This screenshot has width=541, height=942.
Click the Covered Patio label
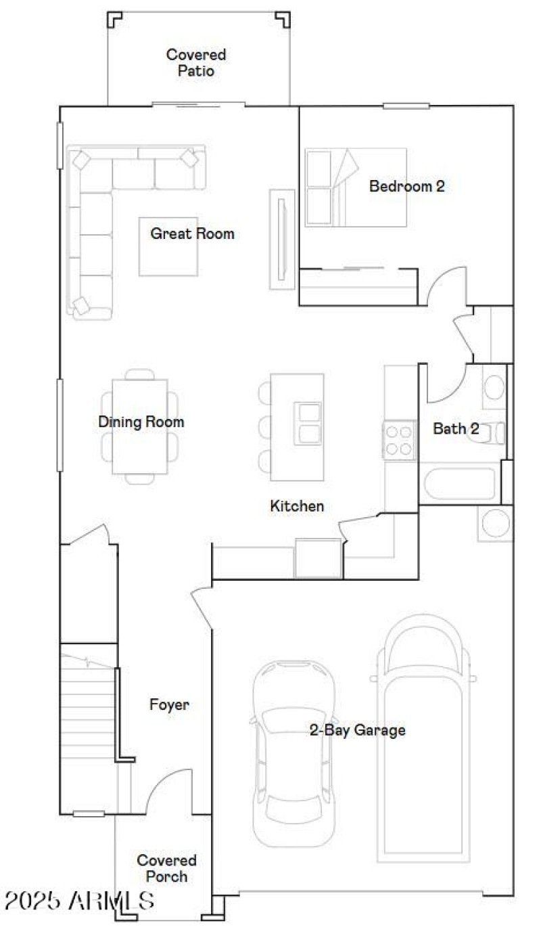(196, 62)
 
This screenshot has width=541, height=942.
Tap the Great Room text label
(192, 234)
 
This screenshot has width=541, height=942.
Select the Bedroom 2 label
(406, 186)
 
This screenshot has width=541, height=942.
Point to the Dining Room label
(141, 422)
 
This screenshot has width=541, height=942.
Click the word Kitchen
(297, 506)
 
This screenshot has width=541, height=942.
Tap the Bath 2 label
(456, 428)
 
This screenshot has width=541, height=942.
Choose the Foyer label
(169, 704)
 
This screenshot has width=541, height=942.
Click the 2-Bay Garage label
(357, 730)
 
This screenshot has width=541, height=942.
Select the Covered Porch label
(166, 868)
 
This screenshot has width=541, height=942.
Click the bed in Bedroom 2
(355, 187)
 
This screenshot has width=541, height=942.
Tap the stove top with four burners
(399, 439)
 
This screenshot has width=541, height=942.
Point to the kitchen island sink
(308, 423)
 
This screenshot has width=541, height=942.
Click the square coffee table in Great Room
(168, 246)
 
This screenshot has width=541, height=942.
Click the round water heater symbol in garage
(496, 523)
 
